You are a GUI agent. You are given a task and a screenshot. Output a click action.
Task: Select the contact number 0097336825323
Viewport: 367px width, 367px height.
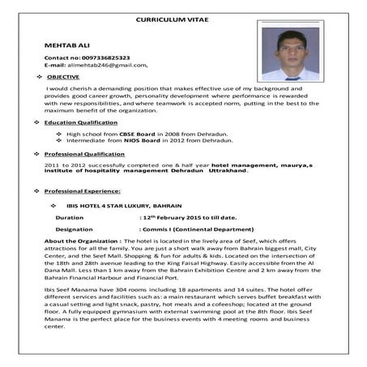pyautogui.click(x=102, y=58)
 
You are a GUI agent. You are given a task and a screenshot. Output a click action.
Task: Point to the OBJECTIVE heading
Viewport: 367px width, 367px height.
pyautogui.click(x=62, y=76)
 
